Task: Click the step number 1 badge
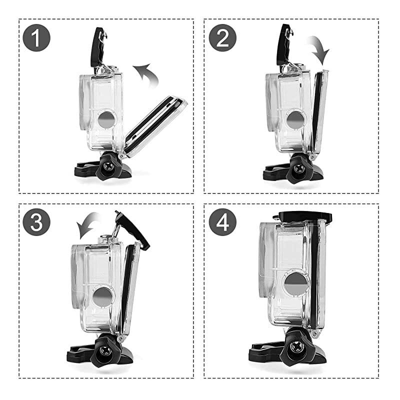pyautogui.click(x=36, y=37)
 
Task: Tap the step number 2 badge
pyautogui.click(x=222, y=37)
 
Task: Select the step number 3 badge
pyautogui.click(x=36, y=221)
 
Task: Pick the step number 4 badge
pyautogui.click(x=222, y=221)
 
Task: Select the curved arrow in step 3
pyautogui.click(x=90, y=225)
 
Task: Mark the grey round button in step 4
pyautogui.click(x=296, y=285)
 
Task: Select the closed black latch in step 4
pyautogui.click(x=302, y=215)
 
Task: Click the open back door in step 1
pyautogui.click(x=155, y=121)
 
